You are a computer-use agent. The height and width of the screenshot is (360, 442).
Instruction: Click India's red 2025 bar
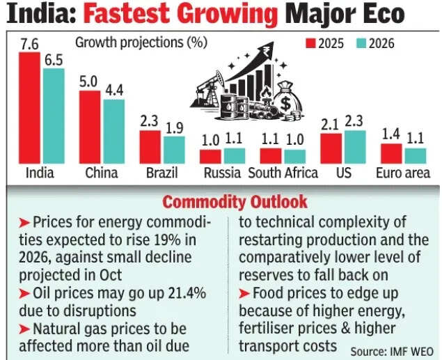30,107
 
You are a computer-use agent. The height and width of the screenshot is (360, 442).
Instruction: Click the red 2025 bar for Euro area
391,152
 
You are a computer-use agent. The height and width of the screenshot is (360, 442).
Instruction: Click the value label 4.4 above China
113,90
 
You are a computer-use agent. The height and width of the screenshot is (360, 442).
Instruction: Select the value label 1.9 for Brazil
174,127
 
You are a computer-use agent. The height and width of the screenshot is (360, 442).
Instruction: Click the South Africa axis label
283,173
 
